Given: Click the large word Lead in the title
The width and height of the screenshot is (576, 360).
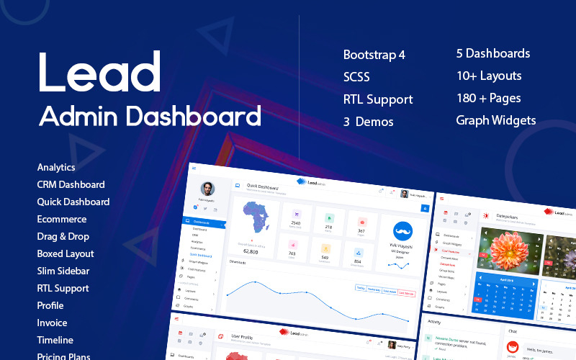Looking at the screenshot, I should coord(100,72).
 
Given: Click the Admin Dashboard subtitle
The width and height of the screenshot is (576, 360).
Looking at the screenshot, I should coord(149,115).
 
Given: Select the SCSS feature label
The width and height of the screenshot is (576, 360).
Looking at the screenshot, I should coord(358,77).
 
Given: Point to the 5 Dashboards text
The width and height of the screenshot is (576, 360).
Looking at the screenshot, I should coord(492,53).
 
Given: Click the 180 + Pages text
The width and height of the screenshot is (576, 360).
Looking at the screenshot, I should coord(488,98).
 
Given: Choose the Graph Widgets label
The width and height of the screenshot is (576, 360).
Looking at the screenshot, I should coord(495,120).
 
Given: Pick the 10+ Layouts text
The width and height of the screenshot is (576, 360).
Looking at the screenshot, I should coord(488,76).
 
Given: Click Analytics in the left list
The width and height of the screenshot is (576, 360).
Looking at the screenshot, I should coord(56,167).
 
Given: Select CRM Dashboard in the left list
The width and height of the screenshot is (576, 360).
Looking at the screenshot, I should coord(71,184).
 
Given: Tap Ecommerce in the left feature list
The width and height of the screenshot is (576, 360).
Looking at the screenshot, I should coord(61,219).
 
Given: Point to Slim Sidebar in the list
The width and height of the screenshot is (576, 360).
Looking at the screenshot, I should coord(63,271).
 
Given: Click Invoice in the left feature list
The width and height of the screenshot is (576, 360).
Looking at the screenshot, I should coord(52,323).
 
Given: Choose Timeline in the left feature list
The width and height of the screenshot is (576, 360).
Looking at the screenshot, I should coord(55,340).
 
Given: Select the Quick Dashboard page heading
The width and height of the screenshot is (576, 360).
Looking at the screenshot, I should coord(264,185).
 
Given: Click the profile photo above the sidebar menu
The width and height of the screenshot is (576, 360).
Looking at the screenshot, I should coord(207,189).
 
